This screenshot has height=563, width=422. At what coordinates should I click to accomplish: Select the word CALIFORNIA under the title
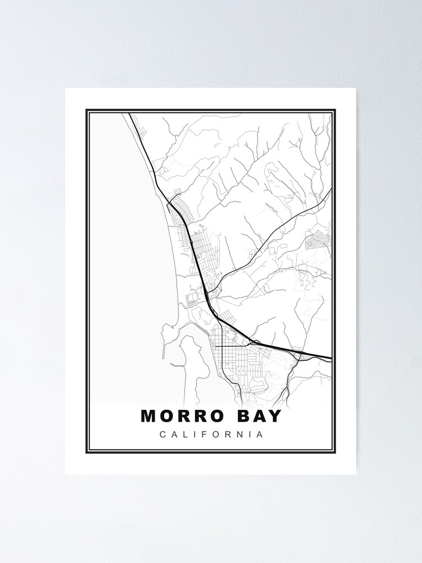(x=211, y=435)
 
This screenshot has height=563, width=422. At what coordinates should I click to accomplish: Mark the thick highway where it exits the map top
(x=130, y=114)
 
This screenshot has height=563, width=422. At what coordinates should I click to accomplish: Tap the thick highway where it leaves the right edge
(x=330, y=358)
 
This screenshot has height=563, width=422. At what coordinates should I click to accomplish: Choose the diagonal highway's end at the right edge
(x=330, y=190)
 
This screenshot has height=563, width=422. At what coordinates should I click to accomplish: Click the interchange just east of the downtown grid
(x=255, y=342)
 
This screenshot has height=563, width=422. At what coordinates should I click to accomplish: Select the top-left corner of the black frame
(x=87, y=110)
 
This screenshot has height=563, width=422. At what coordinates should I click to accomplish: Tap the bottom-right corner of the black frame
(x=335, y=452)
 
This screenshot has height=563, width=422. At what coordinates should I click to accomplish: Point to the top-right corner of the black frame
(x=335, y=110)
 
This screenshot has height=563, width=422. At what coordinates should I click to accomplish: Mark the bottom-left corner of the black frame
(x=87, y=452)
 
